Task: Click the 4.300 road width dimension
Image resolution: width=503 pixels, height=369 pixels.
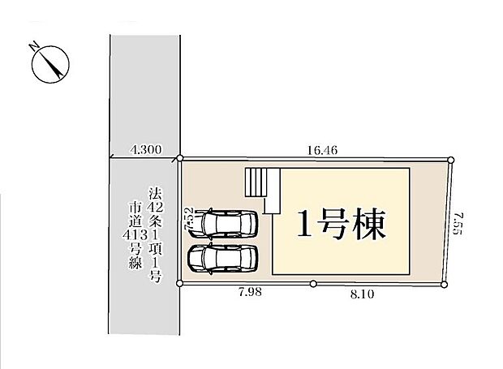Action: [146, 149]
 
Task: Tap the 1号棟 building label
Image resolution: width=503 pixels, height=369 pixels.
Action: [340, 222]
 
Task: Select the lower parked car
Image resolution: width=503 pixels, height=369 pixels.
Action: [221, 259]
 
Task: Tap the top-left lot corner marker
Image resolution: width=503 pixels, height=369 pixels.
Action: [181, 160]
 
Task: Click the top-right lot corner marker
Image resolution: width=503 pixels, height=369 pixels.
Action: [452, 160]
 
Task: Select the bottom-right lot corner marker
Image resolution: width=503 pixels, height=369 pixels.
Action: [444, 284]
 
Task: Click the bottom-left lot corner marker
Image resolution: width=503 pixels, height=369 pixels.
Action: [181, 284]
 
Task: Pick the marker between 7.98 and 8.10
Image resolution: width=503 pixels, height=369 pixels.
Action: [313, 284]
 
